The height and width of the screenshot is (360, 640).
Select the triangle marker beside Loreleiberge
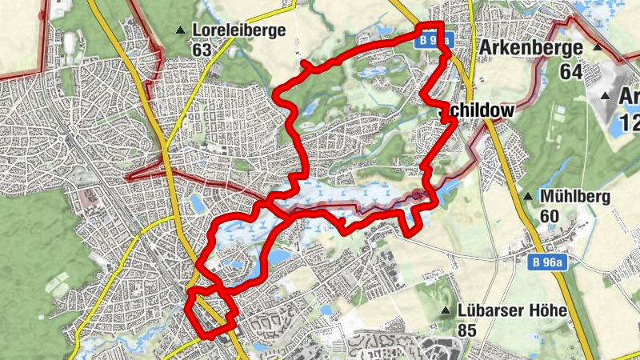pyautogui.click(x=181, y=31)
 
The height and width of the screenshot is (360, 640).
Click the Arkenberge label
pyautogui.click(x=530, y=49)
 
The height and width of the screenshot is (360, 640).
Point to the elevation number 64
pyautogui.click(x=570, y=71)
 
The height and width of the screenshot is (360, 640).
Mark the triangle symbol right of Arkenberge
pyautogui.click(x=596, y=48)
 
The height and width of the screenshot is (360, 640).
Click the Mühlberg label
pyautogui.click(x=575, y=196)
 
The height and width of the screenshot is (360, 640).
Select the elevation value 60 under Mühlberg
pyautogui.click(x=550, y=215)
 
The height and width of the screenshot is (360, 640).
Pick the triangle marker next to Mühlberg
pyautogui.click(x=527, y=196)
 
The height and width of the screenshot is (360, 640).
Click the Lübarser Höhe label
pyautogui.click(x=513, y=310)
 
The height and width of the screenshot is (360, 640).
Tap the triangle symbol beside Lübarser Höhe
pyautogui.click(x=446, y=310)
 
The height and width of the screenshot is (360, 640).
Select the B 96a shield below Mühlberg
pyautogui.click(x=548, y=262)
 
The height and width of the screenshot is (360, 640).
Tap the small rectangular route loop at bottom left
pyautogui.click(x=210, y=310)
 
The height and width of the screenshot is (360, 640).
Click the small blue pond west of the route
pyautogui.click(x=197, y=206)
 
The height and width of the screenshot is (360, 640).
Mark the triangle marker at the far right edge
pyautogui.click(x=606, y=96)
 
